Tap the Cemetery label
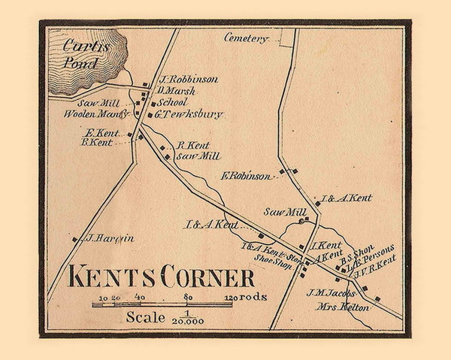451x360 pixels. pyautogui.click(x=246, y=37)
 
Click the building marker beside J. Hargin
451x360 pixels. pyautogui.click(x=75, y=239)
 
